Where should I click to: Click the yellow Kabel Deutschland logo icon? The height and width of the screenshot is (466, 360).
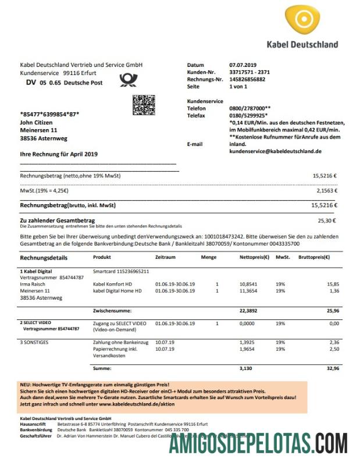point(303,22)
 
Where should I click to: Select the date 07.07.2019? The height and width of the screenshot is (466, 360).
point(243,65)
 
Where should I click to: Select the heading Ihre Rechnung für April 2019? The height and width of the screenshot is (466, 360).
point(59,154)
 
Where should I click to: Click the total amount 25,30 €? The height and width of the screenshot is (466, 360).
point(327,220)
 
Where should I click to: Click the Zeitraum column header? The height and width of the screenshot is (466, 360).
point(166,257)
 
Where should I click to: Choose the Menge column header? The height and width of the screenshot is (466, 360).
point(209,257)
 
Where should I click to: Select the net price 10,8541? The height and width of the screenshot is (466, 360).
point(248,284)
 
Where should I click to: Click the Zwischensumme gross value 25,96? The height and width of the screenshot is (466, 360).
point(333,311)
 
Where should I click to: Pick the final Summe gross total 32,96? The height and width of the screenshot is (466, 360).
point(333,369)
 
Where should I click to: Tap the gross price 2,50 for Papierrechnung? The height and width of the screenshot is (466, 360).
point(334,350)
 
